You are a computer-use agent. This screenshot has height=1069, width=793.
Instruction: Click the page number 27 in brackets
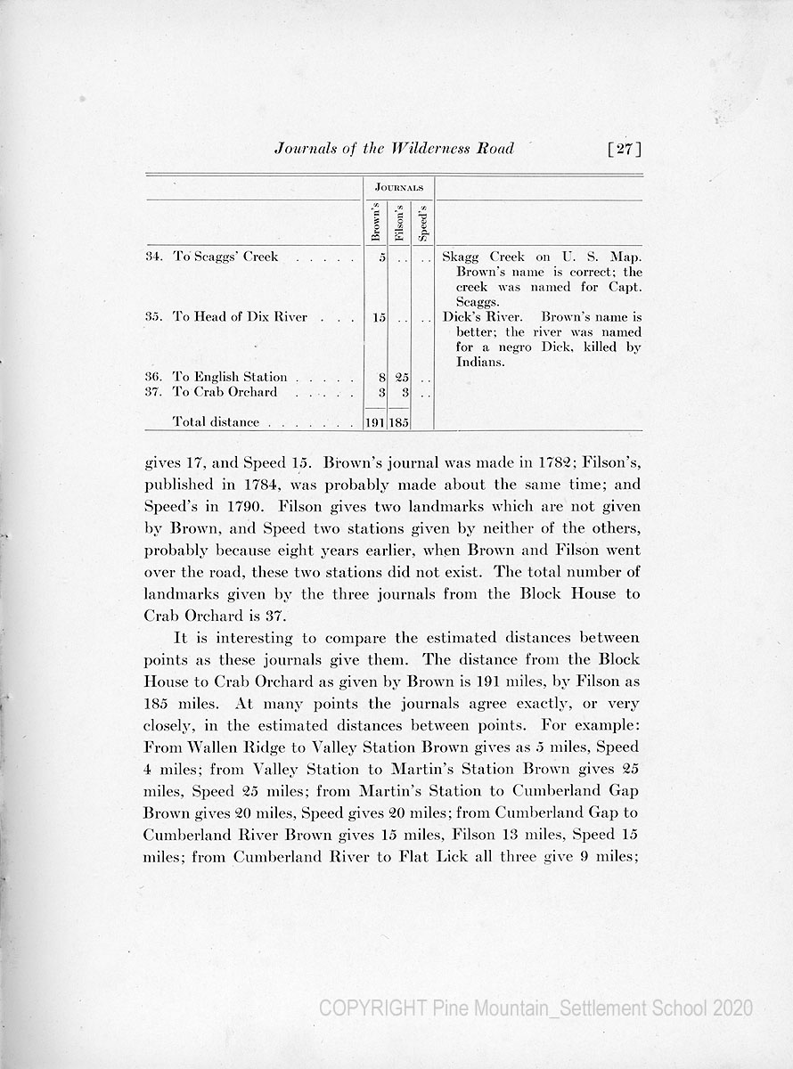[x=623, y=149]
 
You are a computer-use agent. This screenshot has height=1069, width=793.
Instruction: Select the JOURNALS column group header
[x=398, y=188]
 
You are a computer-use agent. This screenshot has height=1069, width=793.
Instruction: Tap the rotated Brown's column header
[x=376, y=223]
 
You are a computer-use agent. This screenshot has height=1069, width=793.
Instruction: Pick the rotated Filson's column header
[x=399, y=223]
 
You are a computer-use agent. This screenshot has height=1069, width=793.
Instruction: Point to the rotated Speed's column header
[x=422, y=224]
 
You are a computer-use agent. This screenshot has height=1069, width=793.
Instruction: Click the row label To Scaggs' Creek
[x=225, y=257]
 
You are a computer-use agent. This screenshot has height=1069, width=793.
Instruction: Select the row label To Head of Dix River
[x=240, y=317]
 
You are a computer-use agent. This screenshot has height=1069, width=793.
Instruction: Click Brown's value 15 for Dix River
[x=378, y=317]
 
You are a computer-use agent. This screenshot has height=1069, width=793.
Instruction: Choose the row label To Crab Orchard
[x=225, y=392]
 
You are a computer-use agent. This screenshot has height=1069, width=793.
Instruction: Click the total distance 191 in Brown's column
[x=376, y=422]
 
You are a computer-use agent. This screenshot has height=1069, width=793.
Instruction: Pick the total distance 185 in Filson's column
[x=399, y=422]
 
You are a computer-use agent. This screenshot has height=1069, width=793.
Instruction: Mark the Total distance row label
[x=216, y=422]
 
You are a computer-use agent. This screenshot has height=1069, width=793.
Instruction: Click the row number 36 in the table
[x=151, y=378]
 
